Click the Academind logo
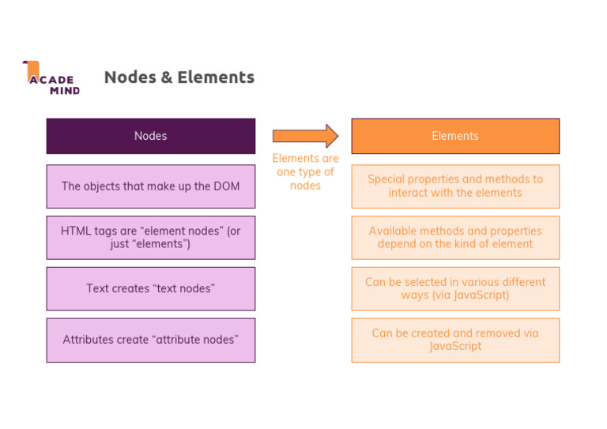coord(51,78)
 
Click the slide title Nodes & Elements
coord(179,77)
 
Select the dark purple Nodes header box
coord(151,136)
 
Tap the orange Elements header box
coord(455,136)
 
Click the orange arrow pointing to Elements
coord(305,136)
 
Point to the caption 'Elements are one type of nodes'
coord(305,171)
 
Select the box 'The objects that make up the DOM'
coord(151,186)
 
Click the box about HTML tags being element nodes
coord(151,237)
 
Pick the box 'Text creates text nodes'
coord(151,288)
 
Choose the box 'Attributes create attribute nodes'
coord(151,340)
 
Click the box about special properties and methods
coord(455,186)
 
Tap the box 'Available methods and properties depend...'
coord(455,237)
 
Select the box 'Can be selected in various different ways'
coord(455,288)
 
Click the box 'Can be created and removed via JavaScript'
coord(455,340)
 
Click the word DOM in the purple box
coord(226,186)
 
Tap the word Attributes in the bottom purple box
coord(89,340)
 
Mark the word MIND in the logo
coord(65,90)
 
